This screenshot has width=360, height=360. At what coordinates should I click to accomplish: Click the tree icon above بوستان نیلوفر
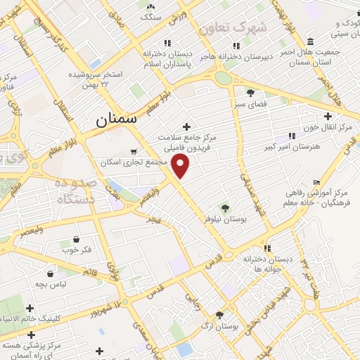225,207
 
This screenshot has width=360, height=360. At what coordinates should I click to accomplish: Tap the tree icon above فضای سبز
250,92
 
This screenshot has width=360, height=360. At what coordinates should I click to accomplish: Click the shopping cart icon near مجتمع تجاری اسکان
134,150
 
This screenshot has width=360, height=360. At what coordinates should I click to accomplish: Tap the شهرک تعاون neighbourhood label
233,28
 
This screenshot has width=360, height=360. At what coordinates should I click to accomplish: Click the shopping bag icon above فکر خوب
76,239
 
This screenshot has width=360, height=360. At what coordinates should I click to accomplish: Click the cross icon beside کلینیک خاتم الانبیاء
30,308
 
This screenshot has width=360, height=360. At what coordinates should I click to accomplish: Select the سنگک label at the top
151,15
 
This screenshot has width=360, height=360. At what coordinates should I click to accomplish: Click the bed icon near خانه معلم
316,182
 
